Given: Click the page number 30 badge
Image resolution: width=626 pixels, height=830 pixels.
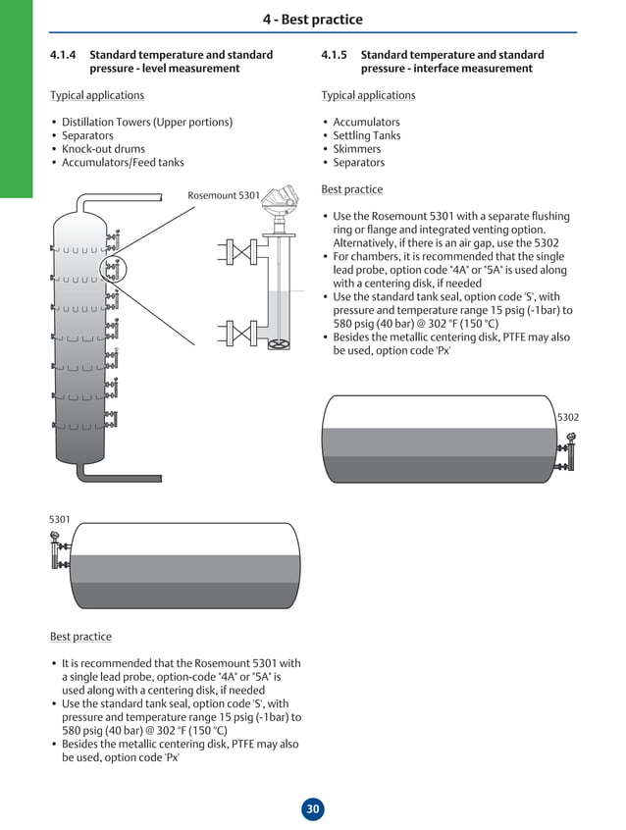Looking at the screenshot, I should point(312,809).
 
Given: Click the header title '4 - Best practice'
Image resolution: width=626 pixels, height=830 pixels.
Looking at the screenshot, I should point(312,20).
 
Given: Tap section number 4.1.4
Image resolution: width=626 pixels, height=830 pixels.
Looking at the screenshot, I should point(63,55).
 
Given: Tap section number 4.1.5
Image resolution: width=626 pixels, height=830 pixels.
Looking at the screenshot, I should point(335,55).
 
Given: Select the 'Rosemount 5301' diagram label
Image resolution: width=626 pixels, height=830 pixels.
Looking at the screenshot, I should point(224,195).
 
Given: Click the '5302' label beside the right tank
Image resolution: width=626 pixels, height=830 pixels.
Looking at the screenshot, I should point(568,417).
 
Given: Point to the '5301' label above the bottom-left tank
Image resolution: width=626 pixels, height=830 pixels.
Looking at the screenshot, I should point(60,519).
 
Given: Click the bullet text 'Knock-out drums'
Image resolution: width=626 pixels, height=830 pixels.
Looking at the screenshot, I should point(103,149).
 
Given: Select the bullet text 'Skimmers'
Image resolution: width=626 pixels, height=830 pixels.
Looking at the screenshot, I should point(356,149).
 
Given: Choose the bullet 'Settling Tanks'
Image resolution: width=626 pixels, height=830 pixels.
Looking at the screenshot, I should point(366,135).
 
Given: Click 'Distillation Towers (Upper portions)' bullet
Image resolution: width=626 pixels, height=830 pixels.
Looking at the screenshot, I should point(147,123).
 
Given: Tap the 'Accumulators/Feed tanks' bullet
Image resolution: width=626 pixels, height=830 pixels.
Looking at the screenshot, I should point(123,163).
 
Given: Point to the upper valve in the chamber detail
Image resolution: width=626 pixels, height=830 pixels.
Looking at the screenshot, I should point(238,250).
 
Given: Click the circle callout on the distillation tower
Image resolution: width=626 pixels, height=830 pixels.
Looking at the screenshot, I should point(114,267).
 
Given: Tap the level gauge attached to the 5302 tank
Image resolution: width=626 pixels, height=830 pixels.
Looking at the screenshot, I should point(569,453).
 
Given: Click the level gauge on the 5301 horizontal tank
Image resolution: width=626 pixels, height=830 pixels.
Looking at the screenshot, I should point(57,551).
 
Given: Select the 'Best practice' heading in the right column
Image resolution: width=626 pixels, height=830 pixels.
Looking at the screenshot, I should point(351,189).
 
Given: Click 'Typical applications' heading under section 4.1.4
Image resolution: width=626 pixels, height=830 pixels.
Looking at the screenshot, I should point(97,95).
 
